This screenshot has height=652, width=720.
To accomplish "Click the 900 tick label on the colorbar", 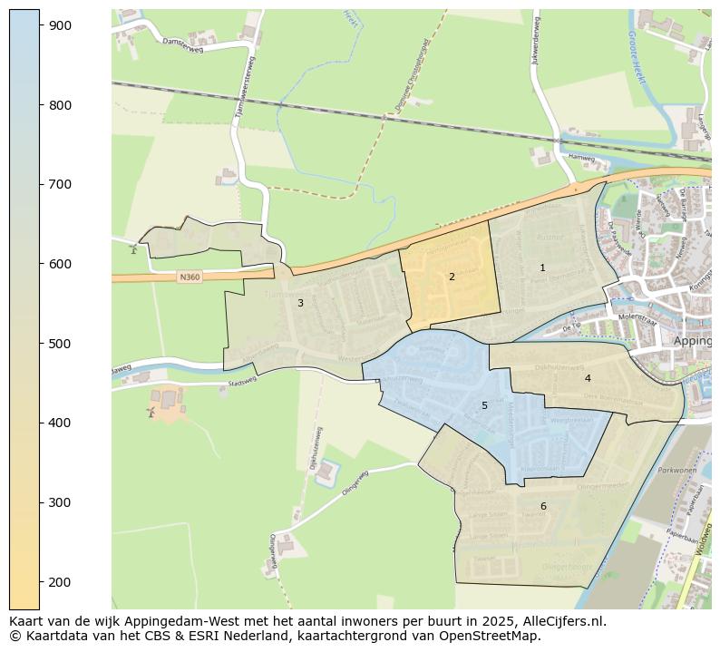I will (61, 25).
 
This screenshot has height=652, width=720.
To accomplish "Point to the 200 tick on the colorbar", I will (61, 581).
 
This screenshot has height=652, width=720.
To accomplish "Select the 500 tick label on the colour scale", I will (61, 344).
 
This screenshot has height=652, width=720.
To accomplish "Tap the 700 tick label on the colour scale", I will (61, 184).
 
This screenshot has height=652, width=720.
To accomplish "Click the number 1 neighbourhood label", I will (542, 268).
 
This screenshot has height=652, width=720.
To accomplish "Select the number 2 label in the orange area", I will (452, 277).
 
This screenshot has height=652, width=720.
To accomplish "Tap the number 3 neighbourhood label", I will (300, 303).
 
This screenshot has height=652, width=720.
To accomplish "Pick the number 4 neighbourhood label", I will (588, 378).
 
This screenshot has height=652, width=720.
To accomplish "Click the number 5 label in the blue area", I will (484, 405).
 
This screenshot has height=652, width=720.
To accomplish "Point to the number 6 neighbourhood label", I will (543, 506).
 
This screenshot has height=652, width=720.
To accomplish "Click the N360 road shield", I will (189, 277).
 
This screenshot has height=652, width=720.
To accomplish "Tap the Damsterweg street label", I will (182, 45).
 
